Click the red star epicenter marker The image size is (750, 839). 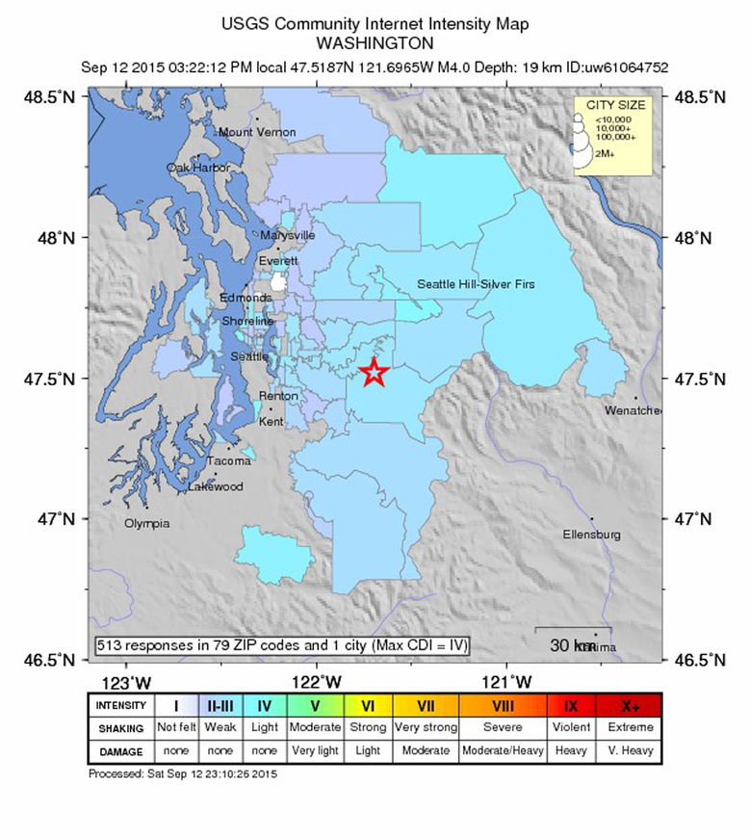click(x=374, y=373)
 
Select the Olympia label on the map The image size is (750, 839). click(x=147, y=523)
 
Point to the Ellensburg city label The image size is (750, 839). click(x=592, y=534)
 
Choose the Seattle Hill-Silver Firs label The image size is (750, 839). click(x=476, y=284)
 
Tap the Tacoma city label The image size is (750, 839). click(x=229, y=461)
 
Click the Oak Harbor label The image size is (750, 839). click(x=198, y=168)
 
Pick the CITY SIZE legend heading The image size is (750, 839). click(x=611, y=105)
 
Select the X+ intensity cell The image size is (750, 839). click(x=629, y=705)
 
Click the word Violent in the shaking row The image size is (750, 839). click(x=572, y=727)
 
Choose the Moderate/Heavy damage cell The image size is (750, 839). click(x=503, y=750)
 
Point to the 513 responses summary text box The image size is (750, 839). click(x=282, y=645)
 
